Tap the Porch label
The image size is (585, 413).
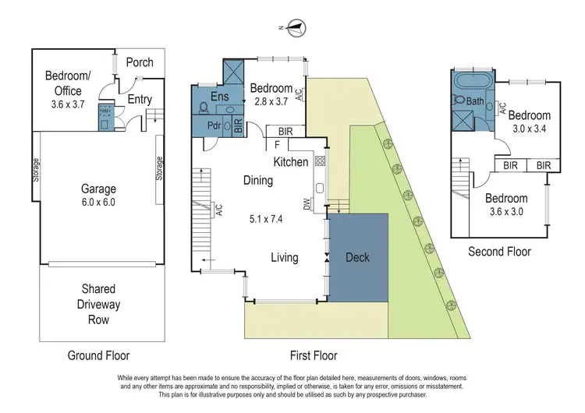tap(140, 62)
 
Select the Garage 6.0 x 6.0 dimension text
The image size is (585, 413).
tap(99, 202)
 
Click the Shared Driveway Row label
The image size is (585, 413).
tap(98, 305)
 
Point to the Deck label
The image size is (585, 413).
tap(357, 257)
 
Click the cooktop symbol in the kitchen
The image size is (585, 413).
tap(319, 161)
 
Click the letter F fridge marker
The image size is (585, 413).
tap(276, 144)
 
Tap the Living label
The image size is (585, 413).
tap(285, 257)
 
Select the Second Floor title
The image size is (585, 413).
tap(499, 252)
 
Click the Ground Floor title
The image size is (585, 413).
tap(98, 355)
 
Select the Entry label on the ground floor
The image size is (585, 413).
tap(140, 100)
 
